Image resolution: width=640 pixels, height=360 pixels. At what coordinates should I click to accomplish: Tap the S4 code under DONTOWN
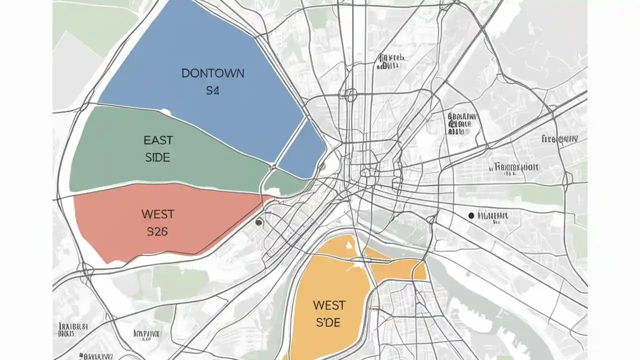coord(212,91)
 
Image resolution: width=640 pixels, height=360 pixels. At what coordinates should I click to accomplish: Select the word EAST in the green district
coord(158,139)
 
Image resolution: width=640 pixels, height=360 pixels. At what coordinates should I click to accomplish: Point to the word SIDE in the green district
coord(157,157)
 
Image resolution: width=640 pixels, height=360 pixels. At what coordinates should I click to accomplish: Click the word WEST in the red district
coord(157,214)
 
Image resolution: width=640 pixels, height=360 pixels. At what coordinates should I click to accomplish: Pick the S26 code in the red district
coord(157,231)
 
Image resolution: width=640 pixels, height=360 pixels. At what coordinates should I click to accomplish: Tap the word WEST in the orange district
coord(329,304)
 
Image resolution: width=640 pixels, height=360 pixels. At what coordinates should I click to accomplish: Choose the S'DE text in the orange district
coord(328,322)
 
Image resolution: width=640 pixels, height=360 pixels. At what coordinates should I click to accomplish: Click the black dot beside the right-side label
coord(470,215)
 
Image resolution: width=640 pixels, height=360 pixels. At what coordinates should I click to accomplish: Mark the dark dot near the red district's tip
coord(258,222)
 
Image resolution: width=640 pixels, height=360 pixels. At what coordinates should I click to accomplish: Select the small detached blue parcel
coord(302,150)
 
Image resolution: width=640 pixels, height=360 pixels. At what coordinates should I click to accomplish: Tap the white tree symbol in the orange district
coord(348,244)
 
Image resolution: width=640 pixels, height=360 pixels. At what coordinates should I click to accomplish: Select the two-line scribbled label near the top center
coord(390,61)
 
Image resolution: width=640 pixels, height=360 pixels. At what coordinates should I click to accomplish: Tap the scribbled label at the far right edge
coord(559,139)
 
